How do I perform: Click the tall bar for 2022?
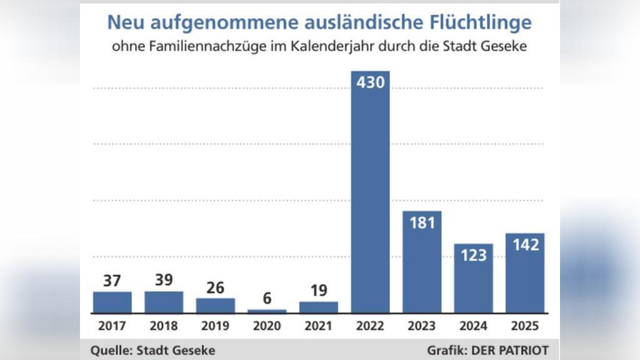coord(370,200)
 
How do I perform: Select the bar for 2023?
coord(422,269)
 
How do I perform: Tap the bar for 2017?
coord(112,302)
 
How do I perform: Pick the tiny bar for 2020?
coord(267,311)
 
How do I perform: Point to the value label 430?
coord(370,82)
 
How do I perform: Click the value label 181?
coord(422,222)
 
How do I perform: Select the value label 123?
coord(473,255)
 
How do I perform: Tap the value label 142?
coord(525,245)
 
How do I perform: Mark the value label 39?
coord(164,280)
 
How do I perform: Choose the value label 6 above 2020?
coord(267,299)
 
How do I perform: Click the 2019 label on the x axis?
coord(216,326)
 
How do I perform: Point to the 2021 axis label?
coord(319,326)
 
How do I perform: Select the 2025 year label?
coord(525,326)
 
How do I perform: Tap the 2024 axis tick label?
coord(473,326)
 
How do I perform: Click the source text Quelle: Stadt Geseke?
coord(152,350)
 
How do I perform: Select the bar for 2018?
coord(164,302)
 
